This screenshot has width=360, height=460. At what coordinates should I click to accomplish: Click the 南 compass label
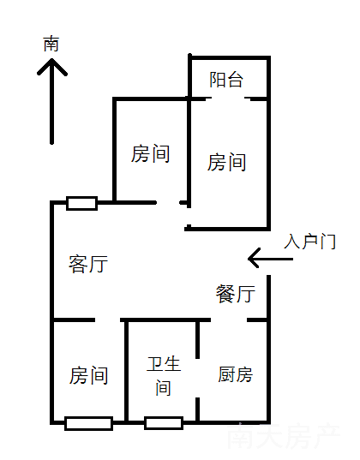[51, 44]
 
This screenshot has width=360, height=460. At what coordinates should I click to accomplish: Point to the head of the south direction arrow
[52, 60]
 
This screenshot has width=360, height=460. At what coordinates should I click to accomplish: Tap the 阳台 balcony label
[226, 80]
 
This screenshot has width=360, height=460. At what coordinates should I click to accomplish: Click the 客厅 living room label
[88, 264]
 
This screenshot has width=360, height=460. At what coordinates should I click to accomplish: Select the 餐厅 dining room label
[236, 293]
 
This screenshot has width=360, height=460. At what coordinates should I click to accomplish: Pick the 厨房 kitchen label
[235, 374]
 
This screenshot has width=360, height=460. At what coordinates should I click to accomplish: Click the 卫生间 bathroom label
[164, 376]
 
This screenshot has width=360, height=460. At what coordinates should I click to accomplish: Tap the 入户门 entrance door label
[309, 242]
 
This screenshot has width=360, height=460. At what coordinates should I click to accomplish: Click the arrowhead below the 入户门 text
[249, 259]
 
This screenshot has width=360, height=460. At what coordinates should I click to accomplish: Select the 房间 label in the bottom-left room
[88, 375]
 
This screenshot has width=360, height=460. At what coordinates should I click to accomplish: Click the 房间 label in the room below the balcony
[226, 162]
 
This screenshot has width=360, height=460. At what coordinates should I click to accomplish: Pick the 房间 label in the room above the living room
[150, 153]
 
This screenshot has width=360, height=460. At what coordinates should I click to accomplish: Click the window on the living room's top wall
[82, 203]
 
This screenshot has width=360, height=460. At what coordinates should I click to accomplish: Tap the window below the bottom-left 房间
[88, 423]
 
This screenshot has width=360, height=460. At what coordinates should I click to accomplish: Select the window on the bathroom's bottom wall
[164, 423]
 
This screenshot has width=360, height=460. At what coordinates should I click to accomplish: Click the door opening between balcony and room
[228, 99]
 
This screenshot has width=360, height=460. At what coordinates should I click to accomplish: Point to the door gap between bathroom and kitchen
[198, 378]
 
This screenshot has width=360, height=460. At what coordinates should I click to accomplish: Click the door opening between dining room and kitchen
[229, 320]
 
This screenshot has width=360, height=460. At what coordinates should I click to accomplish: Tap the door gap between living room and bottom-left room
[107, 320]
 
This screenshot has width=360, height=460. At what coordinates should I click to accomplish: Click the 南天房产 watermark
[284, 436]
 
